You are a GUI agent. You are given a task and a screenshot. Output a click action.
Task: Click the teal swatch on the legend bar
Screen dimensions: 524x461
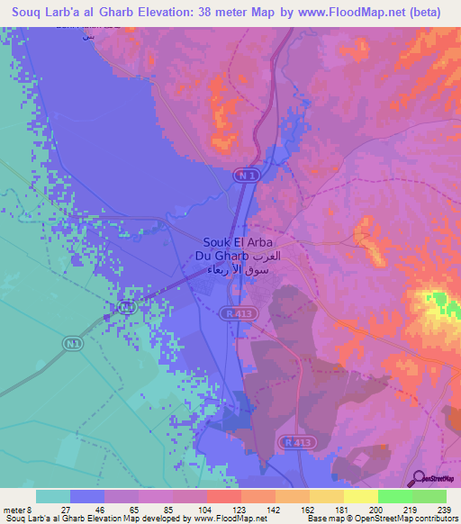point(53,496)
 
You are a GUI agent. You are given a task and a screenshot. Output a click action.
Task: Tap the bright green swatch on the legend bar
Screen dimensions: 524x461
point(429,496)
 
